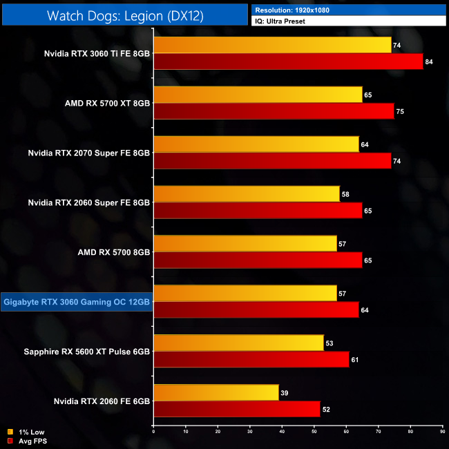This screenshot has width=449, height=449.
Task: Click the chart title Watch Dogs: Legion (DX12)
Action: [x=124, y=15]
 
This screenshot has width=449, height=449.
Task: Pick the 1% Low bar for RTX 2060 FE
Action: [x=216, y=393]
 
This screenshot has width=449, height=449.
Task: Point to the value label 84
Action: [x=429, y=62]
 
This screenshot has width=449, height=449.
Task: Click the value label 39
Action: [x=284, y=393]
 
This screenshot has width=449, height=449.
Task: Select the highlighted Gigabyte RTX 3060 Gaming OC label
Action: [x=77, y=302]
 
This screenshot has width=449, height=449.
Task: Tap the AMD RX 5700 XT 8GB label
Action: [x=107, y=103]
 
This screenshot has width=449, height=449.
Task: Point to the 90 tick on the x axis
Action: [x=441, y=431]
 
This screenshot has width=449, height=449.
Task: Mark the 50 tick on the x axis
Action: [x=314, y=431]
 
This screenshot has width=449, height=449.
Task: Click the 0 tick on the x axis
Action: [x=154, y=431]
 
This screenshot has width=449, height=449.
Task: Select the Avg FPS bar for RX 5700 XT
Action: [x=274, y=111]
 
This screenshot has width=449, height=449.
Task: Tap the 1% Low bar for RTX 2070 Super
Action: [x=256, y=144]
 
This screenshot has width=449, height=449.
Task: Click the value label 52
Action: [x=326, y=410]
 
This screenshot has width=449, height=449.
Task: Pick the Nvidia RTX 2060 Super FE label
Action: [x=89, y=202]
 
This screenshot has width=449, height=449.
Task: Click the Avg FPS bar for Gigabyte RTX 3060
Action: [x=256, y=310]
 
